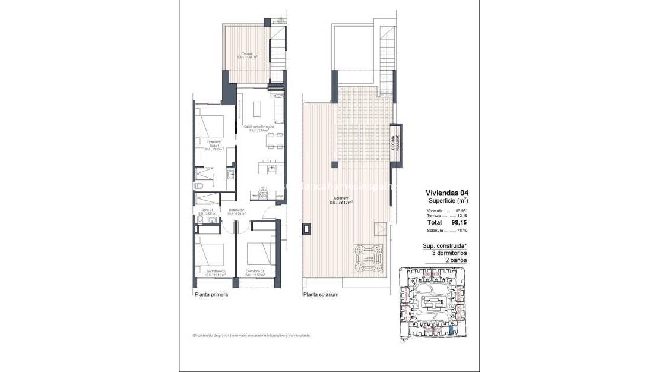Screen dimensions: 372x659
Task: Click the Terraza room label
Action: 247,55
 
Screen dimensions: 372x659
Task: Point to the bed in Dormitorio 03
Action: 260,253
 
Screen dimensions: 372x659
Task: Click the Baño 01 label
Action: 207,212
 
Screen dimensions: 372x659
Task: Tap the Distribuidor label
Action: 237,212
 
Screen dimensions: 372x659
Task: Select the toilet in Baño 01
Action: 200,222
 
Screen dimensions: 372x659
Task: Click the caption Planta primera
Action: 210,294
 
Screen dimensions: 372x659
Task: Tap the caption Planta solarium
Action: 321,294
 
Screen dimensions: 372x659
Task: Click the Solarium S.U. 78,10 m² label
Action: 341,201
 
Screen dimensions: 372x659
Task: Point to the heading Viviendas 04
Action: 446,192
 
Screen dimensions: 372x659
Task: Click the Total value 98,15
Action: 455,222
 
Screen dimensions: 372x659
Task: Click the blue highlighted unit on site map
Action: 452,330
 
